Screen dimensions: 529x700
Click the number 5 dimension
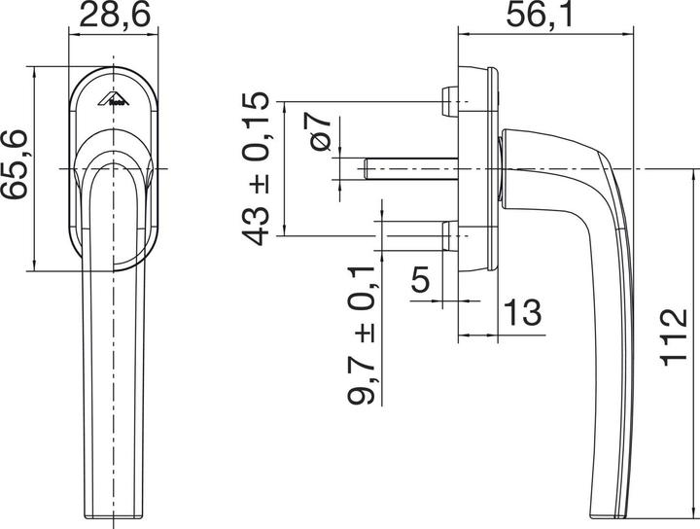pos(420,281)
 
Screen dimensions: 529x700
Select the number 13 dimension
pos(521,312)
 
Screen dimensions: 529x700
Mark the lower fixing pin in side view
pos(448,235)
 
